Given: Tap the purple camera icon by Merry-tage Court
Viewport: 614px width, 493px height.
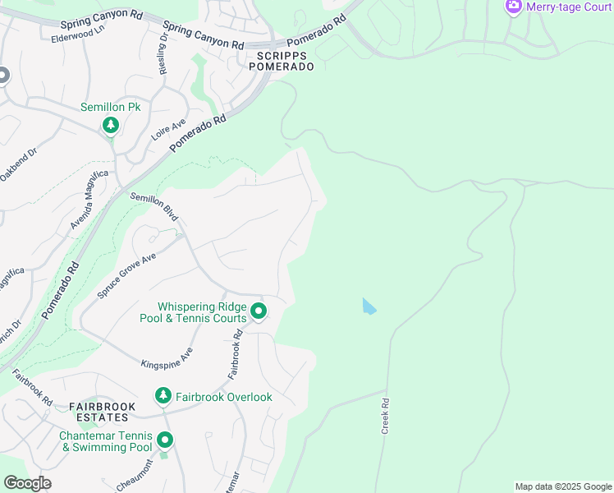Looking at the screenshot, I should coord(514,6).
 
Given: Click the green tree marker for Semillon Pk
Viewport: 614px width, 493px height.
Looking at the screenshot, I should coord(110,126).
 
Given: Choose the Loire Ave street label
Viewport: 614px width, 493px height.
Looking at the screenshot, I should coord(168,130).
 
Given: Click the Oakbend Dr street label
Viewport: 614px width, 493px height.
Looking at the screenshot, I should coord(19,164).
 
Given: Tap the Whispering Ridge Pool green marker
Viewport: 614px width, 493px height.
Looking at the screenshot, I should coord(259,311).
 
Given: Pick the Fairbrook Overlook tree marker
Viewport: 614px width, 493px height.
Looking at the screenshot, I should coord(163,397).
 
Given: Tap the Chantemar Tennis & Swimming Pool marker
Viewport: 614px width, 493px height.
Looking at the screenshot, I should coord(165,440).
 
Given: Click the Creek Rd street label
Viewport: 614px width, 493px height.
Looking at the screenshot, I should coord(383,415).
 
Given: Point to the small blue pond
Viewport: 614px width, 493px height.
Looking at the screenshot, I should coord(369,306).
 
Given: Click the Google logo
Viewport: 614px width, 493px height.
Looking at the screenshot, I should coord(27,483).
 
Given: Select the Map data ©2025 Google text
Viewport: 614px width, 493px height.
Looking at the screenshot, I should coord(562,486).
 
